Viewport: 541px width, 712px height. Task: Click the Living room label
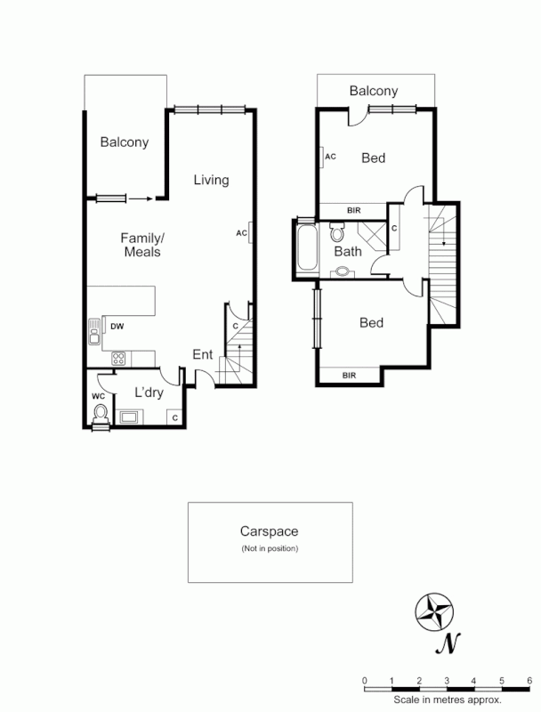tap(212, 180)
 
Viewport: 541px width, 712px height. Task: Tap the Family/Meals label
tap(142, 245)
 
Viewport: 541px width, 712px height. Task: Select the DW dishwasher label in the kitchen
tap(117, 327)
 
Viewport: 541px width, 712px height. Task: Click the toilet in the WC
tap(101, 413)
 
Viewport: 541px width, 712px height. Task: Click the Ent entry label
tap(203, 354)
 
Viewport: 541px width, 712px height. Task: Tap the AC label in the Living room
tap(241, 233)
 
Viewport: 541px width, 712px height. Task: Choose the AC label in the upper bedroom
tap(330, 157)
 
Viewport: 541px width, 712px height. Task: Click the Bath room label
tap(348, 251)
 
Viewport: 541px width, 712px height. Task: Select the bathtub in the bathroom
tap(305, 248)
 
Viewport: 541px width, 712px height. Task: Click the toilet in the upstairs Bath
tap(336, 233)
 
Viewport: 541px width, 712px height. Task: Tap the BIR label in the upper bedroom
tap(353, 211)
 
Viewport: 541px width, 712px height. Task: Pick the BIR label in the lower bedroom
tap(351, 376)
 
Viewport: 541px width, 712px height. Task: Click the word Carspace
tap(270, 531)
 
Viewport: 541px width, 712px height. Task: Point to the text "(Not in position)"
tap(270, 548)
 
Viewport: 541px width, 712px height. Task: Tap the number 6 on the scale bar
tap(529, 681)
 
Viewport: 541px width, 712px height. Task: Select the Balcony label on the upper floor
tap(373, 91)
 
